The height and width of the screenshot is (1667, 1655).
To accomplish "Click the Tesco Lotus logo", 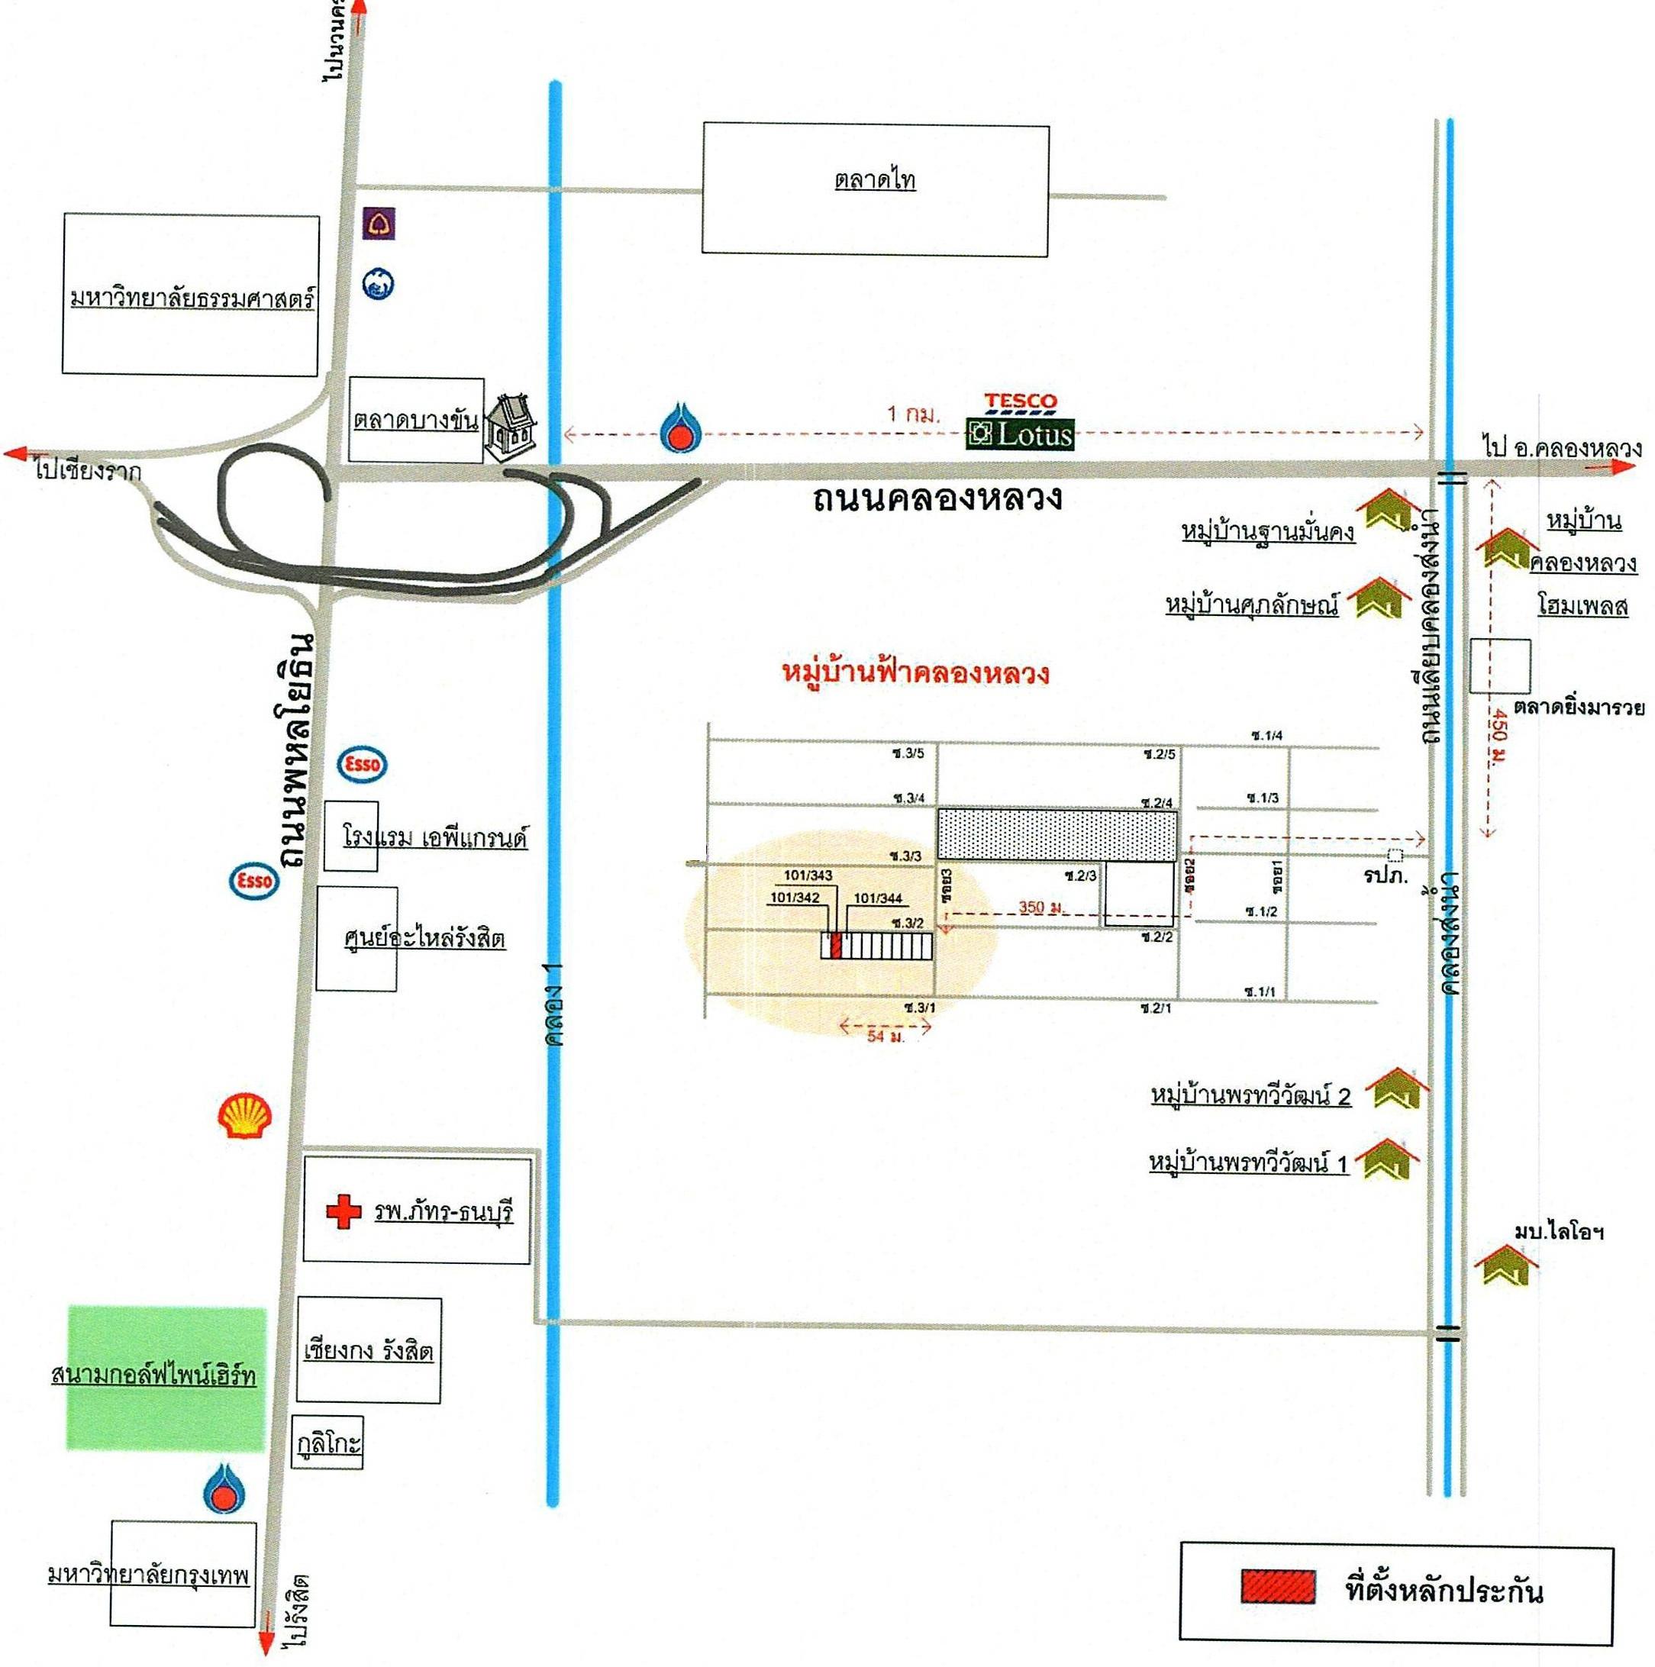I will tap(1020, 422).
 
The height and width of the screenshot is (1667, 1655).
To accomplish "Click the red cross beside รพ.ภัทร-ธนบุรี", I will tap(343, 1211).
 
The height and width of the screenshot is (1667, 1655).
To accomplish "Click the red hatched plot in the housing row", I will tap(834, 945).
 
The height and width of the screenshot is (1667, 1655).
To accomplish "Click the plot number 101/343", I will tap(808, 875).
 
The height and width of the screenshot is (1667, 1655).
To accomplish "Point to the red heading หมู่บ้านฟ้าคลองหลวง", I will tap(915, 672).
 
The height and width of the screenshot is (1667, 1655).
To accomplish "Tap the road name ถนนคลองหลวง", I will tap(937, 498).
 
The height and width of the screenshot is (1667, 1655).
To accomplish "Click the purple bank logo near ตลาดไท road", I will tap(379, 224).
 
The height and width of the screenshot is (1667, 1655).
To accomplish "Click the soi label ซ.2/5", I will tap(1159, 754).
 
